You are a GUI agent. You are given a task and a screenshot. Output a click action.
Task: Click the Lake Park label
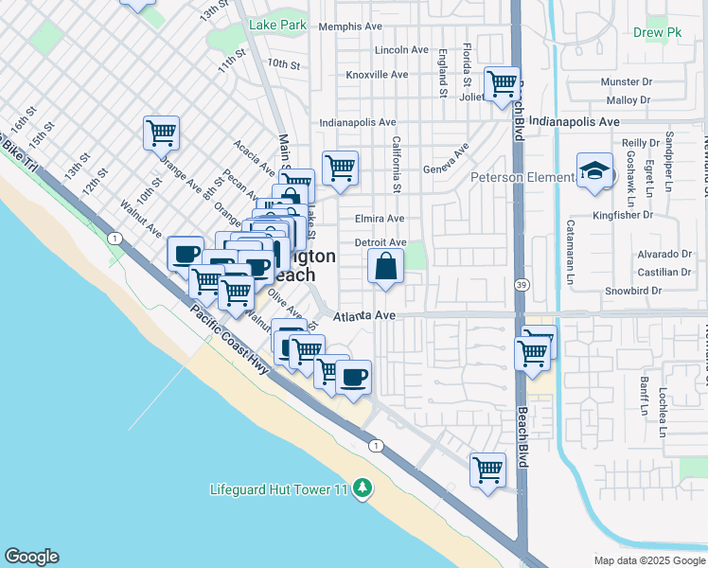pyautogui.click(x=277, y=25)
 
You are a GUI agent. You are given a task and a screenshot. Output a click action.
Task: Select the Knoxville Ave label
pyautogui.click(x=377, y=74)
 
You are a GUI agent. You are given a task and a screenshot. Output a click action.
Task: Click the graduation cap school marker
pyautogui.click(x=593, y=170)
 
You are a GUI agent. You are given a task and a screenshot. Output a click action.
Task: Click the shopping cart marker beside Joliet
pyautogui.click(x=502, y=83)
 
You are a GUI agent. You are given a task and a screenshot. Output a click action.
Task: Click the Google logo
pyautogui.click(x=31, y=557)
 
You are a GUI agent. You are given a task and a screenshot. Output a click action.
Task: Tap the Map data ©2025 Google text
pyautogui.click(x=647, y=560)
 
